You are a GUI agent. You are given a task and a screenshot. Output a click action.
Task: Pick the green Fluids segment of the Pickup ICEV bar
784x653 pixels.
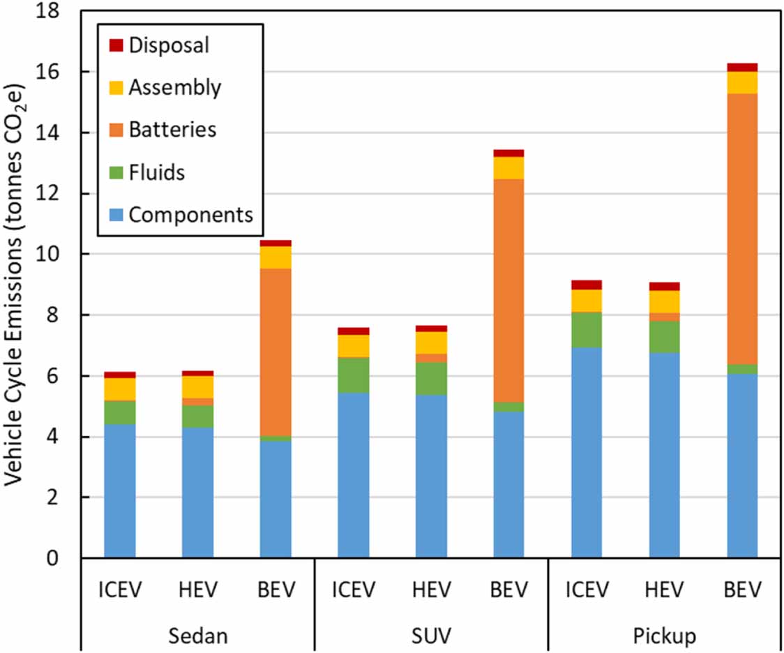click(x=587, y=329)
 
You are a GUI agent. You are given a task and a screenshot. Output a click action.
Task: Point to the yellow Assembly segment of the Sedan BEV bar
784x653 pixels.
click(x=276, y=257)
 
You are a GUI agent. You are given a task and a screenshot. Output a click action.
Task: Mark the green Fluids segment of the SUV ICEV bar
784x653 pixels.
click(x=353, y=375)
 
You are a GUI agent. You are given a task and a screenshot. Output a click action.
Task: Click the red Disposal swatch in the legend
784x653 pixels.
click(x=116, y=45)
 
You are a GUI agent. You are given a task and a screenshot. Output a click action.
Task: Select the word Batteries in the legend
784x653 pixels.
click(x=172, y=130)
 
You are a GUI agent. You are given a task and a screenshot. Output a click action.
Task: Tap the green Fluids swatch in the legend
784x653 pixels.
click(x=116, y=172)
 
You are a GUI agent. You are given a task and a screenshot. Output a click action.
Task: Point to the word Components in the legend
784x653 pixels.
click(x=190, y=214)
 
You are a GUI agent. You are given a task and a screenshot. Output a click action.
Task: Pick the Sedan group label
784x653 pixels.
click(x=197, y=636)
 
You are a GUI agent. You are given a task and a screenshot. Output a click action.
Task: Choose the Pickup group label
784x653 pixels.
click(x=664, y=636)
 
